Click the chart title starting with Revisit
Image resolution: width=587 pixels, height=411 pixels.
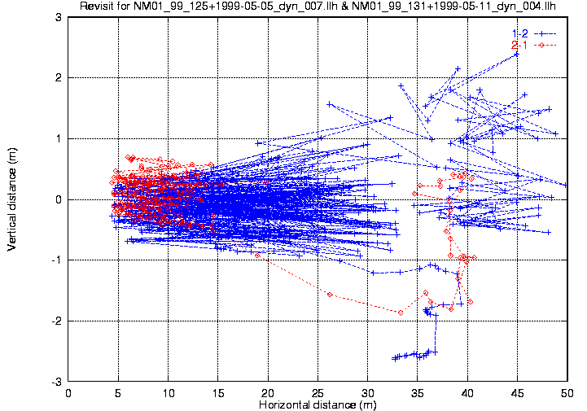pyautogui.click(x=318, y=7)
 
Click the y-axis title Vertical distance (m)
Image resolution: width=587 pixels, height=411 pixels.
pyautogui.click(x=12, y=199)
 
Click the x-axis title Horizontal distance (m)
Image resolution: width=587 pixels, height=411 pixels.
pyautogui.click(x=317, y=404)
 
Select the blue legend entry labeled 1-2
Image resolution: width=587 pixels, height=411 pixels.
pyautogui.click(x=519, y=32)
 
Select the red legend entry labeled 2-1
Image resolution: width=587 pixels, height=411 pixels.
pyautogui.click(x=519, y=44)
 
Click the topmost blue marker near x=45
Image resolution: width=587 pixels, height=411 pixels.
pyautogui.click(x=516, y=54)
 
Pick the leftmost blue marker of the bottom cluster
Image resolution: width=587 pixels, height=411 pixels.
pyautogui.click(x=395, y=358)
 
